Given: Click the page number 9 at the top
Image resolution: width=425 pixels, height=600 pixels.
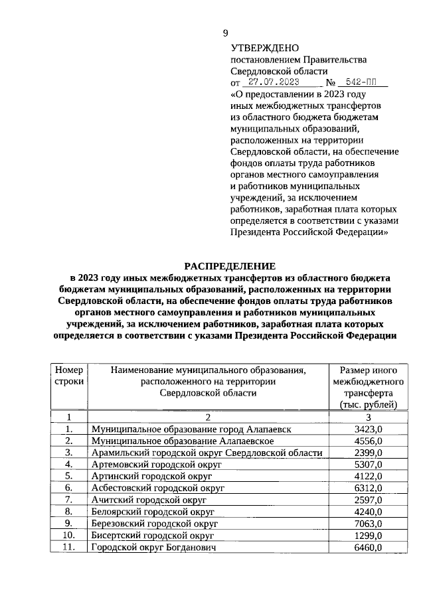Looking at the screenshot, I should coord(225,34).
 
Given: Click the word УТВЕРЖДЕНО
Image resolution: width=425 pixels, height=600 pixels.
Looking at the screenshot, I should coord(264,48).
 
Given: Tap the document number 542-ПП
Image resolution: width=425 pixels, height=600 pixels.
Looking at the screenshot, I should coord(362,84).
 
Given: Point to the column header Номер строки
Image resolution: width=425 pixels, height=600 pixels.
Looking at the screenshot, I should coord(69,376).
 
